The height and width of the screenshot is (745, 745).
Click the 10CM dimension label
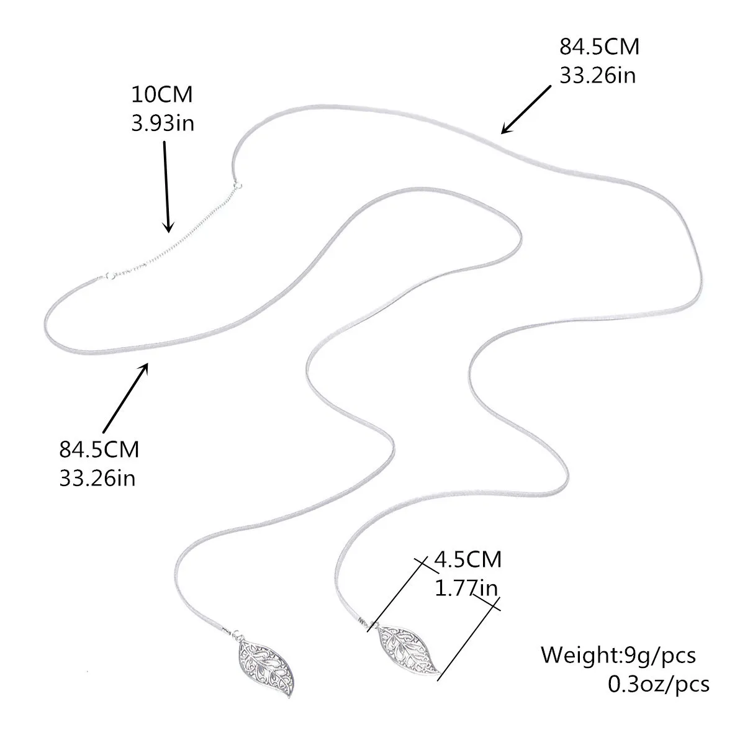tap(162, 96)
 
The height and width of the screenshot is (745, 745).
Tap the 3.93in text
tap(162, 123)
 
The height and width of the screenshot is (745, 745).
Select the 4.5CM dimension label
tap(467, 559)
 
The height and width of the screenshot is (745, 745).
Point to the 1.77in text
tap(466, 587)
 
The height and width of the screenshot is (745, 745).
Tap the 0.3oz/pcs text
tap(658, 684)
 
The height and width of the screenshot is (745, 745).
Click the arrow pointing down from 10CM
tap(166, 186)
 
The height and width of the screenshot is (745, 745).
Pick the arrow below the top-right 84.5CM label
tap(526, 109)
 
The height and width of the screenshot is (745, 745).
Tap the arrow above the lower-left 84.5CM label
tap(125, 397)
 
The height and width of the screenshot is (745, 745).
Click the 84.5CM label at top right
tap(599, 47)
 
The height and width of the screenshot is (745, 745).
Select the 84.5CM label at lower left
tap(99, 449)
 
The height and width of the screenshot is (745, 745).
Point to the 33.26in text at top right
tap(598, 75)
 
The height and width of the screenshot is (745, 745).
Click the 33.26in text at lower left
tap(97, 478)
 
